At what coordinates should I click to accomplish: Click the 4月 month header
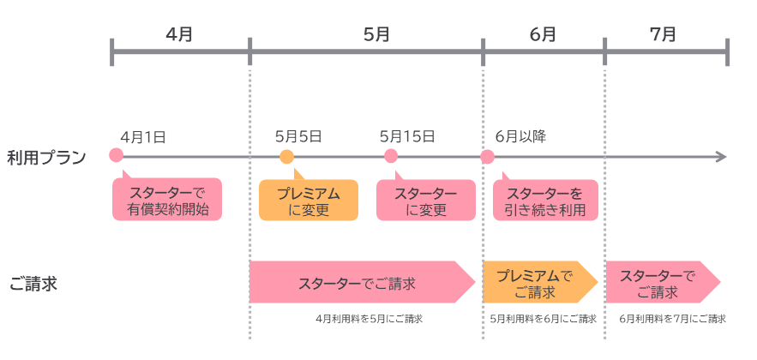pos(179,35)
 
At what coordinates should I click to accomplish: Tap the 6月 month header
pos(543,35)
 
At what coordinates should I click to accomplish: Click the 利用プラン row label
pos(46,158)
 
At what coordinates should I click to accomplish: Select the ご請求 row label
pos(33,284)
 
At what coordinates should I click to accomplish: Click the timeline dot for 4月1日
pos(117,156)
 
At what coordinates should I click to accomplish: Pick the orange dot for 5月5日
pos(286,156)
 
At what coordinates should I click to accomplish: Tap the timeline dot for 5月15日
pos(391,156)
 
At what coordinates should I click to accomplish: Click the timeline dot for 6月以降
pos(487,157)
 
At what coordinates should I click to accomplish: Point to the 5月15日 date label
pos(406,136)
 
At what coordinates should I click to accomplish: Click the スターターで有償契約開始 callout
pos(167,201)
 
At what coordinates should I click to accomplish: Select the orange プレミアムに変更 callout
pos(309,201)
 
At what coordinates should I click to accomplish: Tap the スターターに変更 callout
pos(426,201)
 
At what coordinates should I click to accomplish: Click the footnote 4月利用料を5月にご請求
pos(369,319)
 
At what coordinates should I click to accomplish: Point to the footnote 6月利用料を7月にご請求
pos(672,319)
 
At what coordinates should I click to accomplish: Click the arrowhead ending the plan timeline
pos(721,157)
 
